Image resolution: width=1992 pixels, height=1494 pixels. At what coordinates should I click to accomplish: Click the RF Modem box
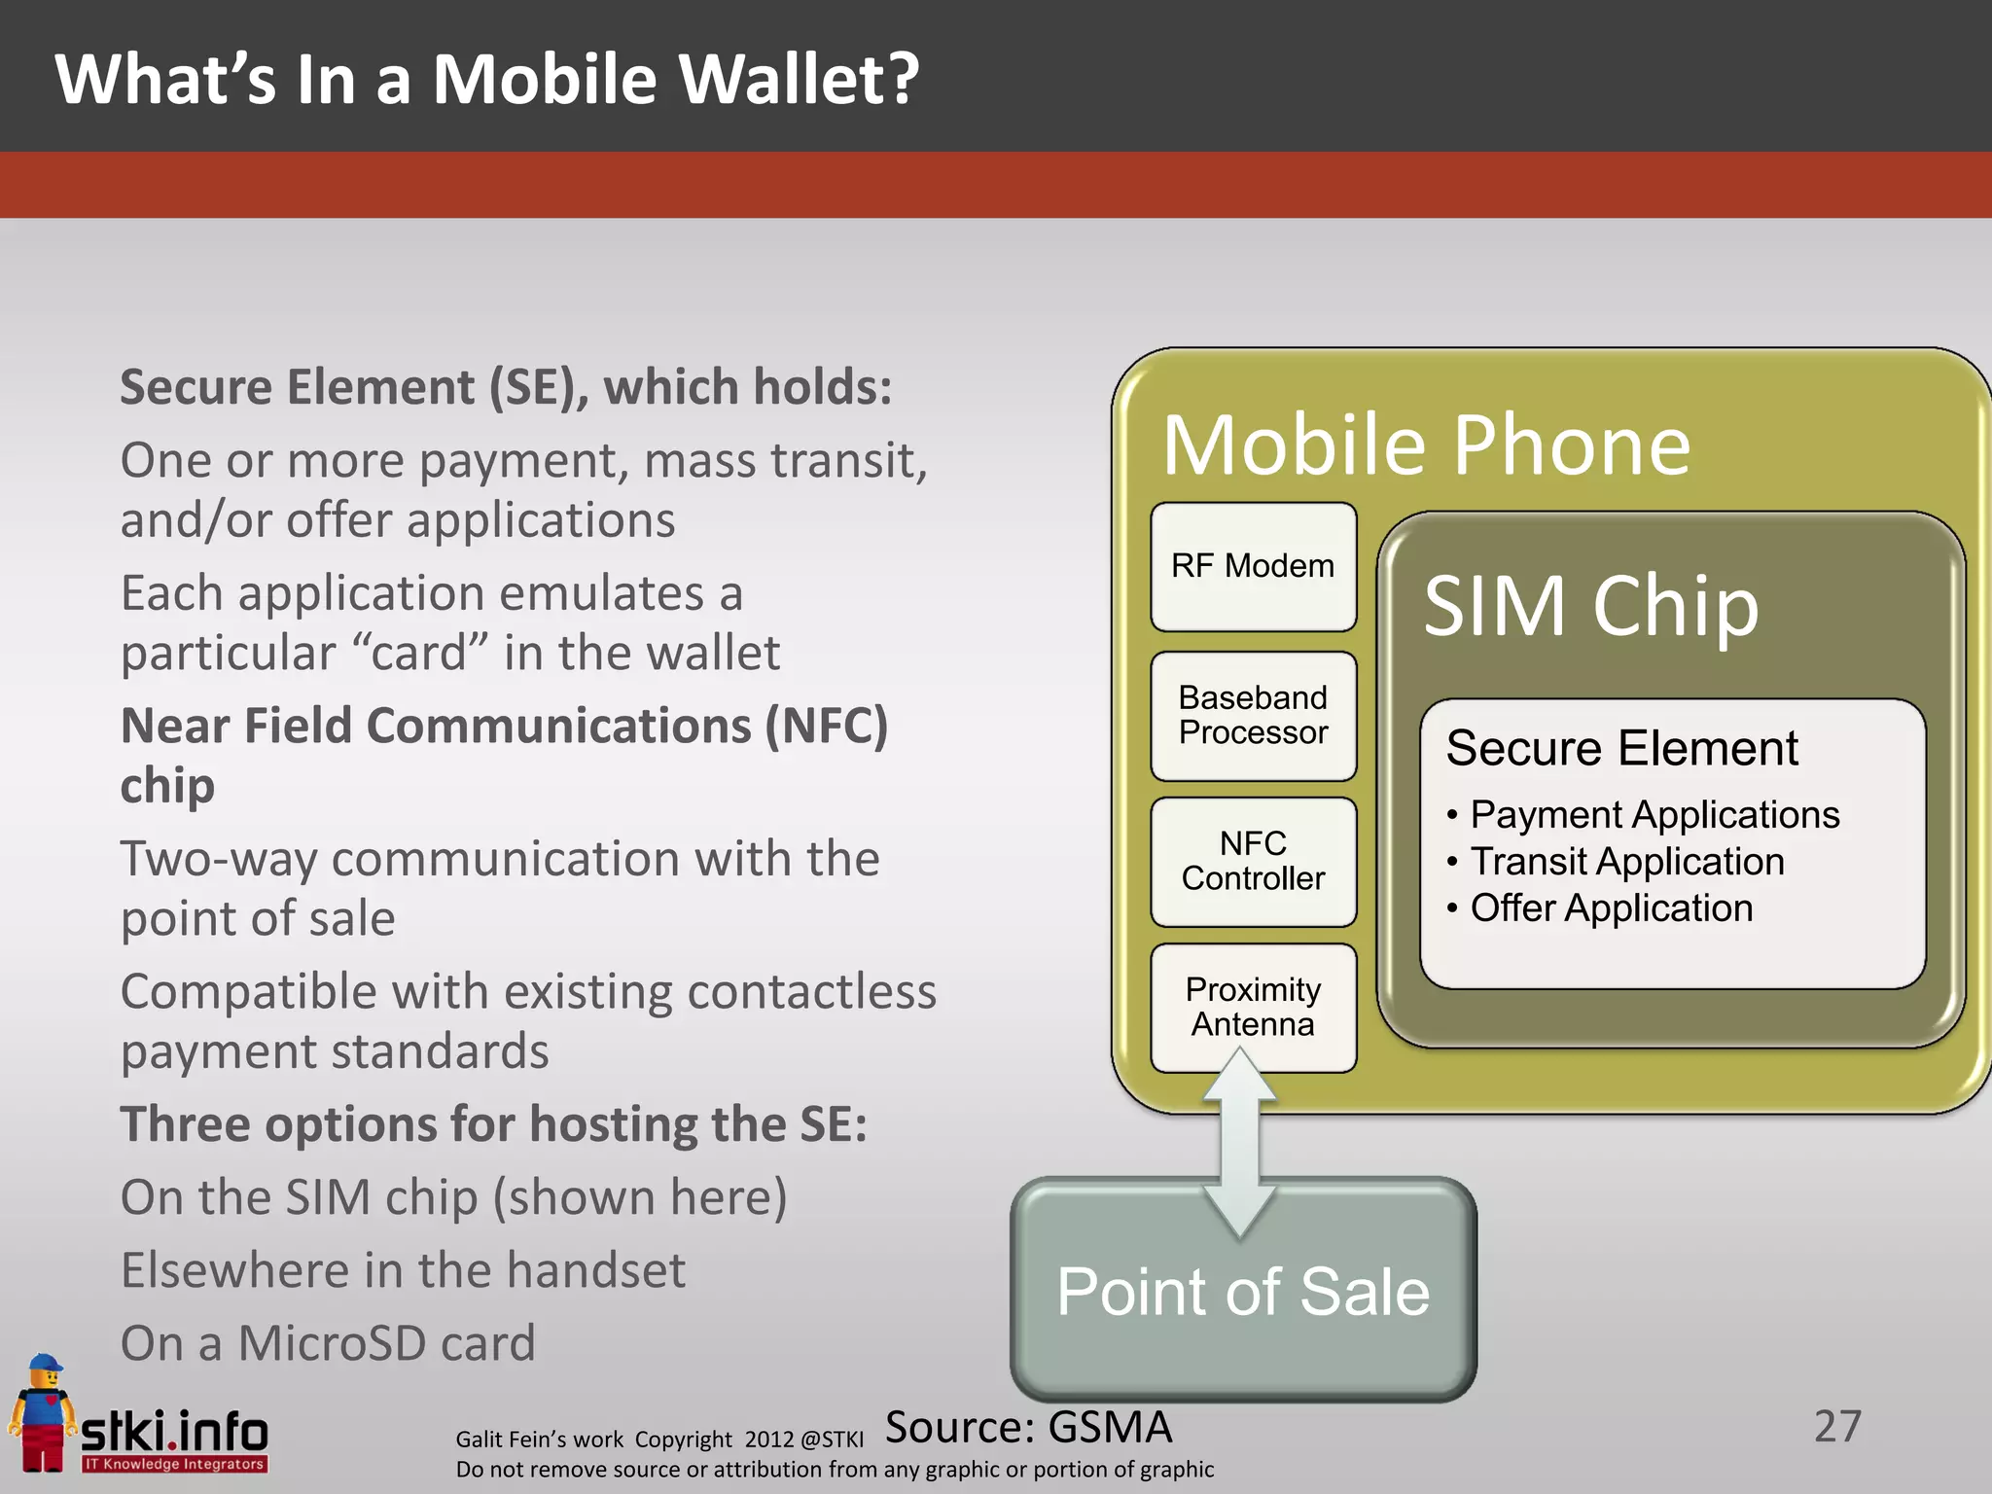[x=1253, y=566]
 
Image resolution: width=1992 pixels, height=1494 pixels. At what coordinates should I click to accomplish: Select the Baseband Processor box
[x=1253, y=715]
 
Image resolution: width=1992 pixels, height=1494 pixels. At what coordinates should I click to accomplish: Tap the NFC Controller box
[x=1253, y=861]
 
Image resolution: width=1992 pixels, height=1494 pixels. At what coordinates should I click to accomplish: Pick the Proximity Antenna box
[x=1253, y=1007]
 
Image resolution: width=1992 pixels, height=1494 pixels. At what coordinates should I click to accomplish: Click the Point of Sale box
[x=1243, y=1294]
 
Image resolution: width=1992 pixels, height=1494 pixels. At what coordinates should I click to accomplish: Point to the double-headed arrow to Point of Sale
[x=1240, y=1143]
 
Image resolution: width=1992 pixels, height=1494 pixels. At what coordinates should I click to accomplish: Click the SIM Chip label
[x=1591, y=606]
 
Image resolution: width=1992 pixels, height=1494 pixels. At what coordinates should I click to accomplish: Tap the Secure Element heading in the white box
[x=1621, y=748]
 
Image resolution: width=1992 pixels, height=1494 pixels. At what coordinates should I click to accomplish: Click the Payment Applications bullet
[x=1654, y=814]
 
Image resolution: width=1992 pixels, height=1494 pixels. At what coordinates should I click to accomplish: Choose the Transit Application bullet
[x=1626, y=861]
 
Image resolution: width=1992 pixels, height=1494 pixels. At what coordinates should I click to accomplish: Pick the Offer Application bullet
[x=1611, y=907]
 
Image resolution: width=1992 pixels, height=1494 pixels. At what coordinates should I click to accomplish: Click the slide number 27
[x=1837, y=1427]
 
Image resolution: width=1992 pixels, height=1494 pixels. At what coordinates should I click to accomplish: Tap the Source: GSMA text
[x=1028, y=1427]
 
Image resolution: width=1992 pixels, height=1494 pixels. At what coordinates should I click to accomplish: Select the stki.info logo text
[x=174, y=1432]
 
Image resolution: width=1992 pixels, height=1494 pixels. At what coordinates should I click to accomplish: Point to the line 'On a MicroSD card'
[x=328, y=1343]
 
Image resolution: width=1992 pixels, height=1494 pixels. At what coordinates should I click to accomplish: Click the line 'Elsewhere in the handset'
[x=403, y=1270]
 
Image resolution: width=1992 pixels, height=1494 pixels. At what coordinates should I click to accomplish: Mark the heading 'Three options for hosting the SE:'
[x=493, y=1124]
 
